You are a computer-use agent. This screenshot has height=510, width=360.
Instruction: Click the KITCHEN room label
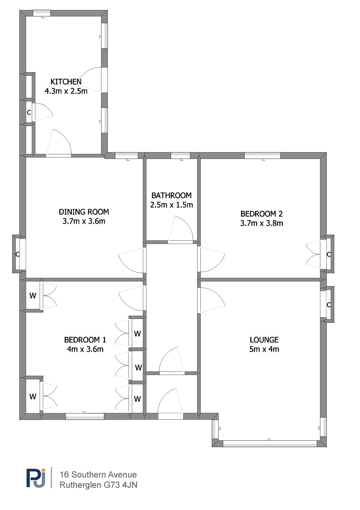pos(66,81)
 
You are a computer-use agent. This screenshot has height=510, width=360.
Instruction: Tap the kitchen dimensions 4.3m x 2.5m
pos(66,91)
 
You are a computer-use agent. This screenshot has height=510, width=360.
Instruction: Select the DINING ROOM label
pos(84,212)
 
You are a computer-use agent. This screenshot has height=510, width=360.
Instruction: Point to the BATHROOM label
pos(171,195)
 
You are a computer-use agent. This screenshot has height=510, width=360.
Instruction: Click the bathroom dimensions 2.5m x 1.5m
pos(171,205)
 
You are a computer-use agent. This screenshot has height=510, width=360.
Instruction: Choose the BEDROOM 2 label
pos(262,214)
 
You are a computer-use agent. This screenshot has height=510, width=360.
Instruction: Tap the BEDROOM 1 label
pos(85,340)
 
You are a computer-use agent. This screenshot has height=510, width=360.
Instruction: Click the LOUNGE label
pos(264,340)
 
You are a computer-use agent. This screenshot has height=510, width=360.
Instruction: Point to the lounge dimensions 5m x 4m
pos(264,349)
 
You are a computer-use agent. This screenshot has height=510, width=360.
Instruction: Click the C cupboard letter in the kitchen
pos(29,112)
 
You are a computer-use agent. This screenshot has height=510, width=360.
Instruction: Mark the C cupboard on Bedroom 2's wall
pos(329,254)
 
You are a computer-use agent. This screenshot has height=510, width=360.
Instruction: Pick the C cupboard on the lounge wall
pos(329,305)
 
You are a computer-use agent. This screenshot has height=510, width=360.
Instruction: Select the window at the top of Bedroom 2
pos(262,155)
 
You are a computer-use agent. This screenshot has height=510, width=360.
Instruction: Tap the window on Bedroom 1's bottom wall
pos(85,416)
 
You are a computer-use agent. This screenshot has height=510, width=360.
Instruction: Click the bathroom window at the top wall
pos(181,155)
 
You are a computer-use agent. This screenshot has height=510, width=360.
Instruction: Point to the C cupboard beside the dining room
pos(17,254)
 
